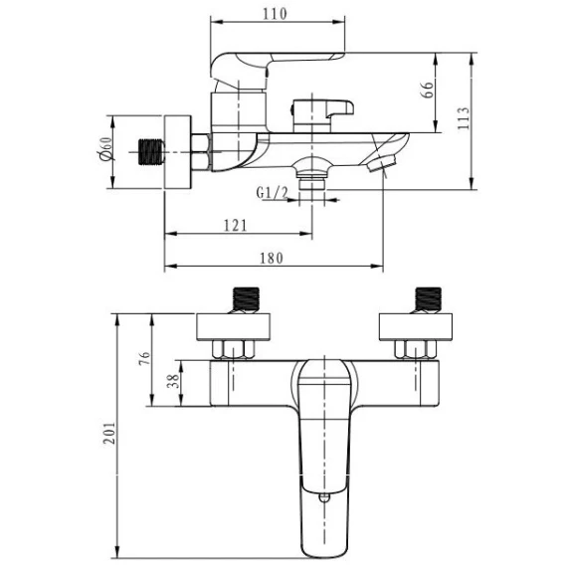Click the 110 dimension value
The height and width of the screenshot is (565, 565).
275,14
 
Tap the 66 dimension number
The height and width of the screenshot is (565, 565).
428,90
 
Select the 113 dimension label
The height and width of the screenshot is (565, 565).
464,118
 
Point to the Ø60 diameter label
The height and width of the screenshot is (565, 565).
105,149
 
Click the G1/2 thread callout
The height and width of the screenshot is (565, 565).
272,193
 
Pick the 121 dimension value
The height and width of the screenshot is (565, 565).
236,226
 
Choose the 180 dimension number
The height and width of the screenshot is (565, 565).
272,258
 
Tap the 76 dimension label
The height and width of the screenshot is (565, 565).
144,358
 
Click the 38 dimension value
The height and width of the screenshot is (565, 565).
173,381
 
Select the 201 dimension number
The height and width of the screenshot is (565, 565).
109,433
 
